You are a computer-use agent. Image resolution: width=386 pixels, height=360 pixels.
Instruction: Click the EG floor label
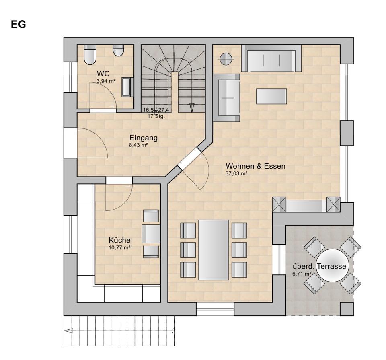pos(18,25)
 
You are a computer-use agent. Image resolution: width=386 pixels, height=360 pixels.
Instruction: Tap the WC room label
pos(103,73)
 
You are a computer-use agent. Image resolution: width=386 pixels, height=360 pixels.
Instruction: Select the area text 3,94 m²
pos(106,81)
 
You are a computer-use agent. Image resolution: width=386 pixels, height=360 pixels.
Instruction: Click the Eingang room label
pos(144,138)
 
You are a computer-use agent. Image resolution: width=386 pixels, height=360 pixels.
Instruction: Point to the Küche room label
pos(120,240)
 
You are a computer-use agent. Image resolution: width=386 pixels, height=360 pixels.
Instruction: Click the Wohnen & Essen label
pos(256,166)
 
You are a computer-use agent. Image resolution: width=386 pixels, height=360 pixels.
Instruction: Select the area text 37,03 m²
pos(236,174)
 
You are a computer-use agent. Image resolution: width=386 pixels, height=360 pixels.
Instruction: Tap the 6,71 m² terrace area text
pos(302,274)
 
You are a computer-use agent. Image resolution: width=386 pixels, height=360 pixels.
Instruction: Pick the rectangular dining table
pos(214,250)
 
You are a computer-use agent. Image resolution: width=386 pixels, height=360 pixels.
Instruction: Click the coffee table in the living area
pos(271,96)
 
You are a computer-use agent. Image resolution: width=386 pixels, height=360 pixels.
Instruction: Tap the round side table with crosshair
pos(226,59)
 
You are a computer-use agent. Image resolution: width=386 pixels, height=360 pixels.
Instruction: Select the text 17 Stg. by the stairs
pos(156,116)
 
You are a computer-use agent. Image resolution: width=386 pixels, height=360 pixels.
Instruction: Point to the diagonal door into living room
pos(189,159)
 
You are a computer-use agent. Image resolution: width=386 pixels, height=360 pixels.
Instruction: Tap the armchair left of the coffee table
pos(226,98)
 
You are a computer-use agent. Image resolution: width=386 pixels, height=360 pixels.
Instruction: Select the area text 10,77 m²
pos(119,247)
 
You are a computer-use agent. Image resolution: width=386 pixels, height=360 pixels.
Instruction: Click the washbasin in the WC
pos(127,86)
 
